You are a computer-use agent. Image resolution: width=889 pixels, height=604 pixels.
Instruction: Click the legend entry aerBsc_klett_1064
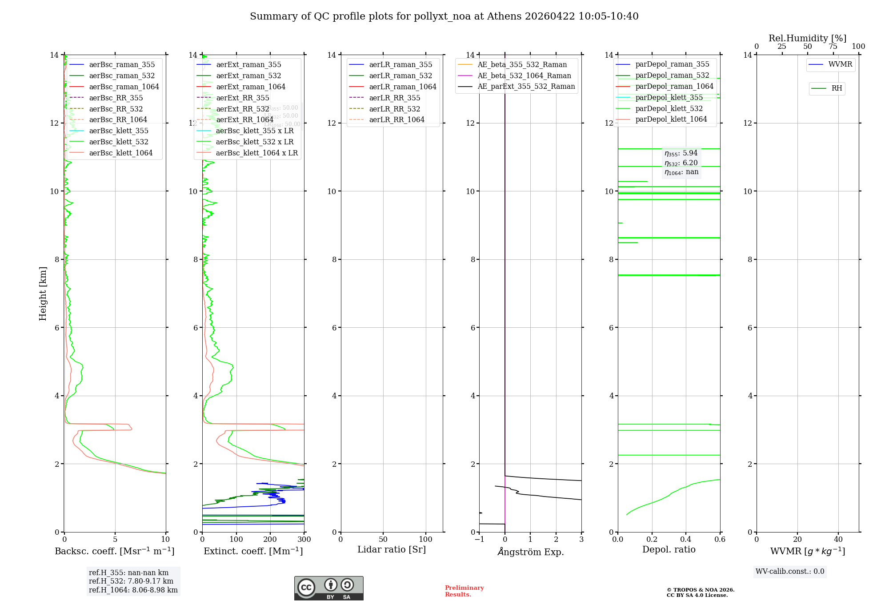pos(120,153)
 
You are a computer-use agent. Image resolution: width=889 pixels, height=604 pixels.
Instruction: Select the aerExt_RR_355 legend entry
pos(242,98)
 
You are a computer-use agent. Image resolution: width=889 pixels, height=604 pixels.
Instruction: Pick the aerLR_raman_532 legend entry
pos(400,75)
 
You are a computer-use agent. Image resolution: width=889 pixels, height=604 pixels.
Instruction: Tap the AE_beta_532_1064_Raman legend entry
pos(524,75)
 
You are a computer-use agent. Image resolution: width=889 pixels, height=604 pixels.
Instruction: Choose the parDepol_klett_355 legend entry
pos(669,97)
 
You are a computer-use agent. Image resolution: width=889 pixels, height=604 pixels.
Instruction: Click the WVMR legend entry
pos(840,64)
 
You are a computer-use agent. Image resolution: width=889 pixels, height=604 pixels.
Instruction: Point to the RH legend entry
pos(836,88)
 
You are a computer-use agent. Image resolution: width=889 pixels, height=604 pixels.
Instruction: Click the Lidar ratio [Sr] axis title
pos(392,549)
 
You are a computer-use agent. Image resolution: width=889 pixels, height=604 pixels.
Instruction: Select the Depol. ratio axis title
pos(669,549)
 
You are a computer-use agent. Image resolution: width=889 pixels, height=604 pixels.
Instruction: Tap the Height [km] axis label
pos(43,294)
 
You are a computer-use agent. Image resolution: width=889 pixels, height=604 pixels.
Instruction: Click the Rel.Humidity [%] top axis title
pos(807,38)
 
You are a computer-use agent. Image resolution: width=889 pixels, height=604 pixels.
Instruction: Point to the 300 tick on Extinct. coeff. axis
pos(304,539)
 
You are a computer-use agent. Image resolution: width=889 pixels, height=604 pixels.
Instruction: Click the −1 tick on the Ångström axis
pos(479,539)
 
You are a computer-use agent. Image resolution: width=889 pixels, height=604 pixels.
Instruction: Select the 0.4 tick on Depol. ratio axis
pos(686,539)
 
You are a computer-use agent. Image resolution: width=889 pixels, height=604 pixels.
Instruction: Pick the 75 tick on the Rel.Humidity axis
pos(833,47)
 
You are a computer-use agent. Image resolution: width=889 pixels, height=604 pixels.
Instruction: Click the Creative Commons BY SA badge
pos(328,588)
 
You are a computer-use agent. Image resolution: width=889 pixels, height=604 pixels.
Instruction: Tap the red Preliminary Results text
pos(464,591)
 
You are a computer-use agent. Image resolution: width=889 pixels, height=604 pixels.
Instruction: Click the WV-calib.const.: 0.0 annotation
pos(790,572)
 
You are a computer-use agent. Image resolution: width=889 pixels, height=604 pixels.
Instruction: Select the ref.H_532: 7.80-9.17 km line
pos(131,581)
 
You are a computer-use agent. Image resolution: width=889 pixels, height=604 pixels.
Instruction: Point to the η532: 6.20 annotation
pos(681,163)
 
